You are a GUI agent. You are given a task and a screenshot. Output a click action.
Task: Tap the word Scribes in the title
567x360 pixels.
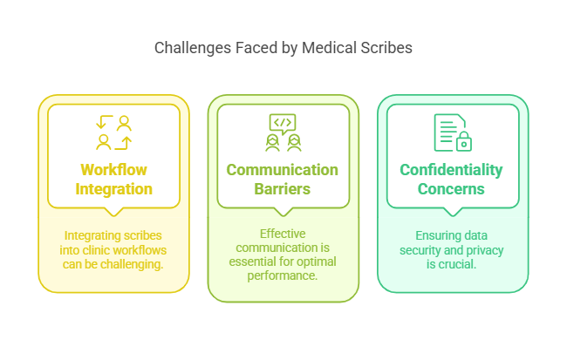(386, 48)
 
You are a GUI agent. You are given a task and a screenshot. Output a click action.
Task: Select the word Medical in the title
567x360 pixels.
(329, 48)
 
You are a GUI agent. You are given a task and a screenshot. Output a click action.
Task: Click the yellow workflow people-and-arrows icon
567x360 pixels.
(113, 132)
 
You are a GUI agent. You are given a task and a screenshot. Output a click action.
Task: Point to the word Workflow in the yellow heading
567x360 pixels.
(113, 170)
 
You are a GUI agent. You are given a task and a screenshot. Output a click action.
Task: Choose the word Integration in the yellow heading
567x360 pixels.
(113, 188)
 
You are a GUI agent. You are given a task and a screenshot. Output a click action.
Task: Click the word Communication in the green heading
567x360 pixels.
(283, 170)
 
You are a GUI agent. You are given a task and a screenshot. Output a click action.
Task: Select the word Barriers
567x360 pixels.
(283, 188)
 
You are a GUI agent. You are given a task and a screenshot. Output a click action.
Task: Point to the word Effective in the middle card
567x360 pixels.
(283, 234)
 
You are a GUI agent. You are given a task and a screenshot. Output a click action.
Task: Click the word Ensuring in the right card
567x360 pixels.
(432, 235)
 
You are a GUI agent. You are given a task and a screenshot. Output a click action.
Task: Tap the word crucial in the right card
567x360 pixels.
(461, 264)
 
